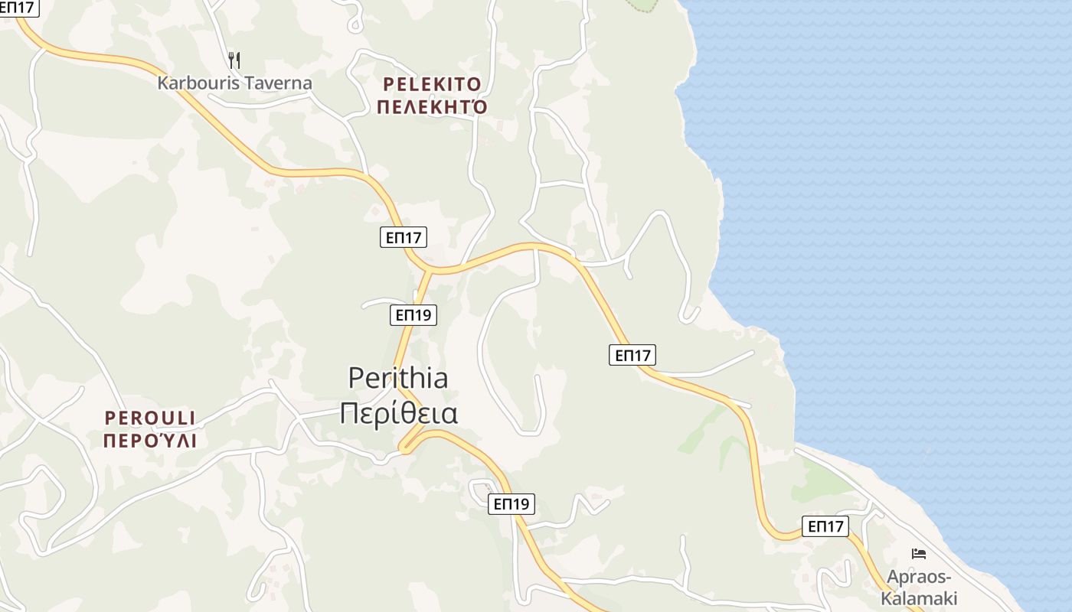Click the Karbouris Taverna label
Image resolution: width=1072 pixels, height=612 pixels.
tap(234, 83)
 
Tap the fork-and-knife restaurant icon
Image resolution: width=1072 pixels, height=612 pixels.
tap(234, 60)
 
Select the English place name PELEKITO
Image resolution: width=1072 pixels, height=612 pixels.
tap(432, 83)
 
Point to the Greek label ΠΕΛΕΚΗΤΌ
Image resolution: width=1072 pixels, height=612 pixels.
tap(432, 106)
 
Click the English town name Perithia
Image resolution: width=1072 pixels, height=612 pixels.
tap(398, 378)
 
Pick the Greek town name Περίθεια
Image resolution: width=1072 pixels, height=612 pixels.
tap(398, 413)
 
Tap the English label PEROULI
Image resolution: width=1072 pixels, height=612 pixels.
tap(150, 418)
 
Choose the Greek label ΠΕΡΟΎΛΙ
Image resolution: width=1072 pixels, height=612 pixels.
tap(150, 441)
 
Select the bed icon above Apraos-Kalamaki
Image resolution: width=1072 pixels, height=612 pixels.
tap(919, 554)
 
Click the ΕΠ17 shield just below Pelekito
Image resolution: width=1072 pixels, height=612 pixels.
tap(403, 237)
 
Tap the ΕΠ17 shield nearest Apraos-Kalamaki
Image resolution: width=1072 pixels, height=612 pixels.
tap(825, 526)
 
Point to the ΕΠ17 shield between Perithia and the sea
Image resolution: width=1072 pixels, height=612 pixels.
tap(632, 354)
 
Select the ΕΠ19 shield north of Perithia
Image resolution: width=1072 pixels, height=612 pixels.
tap(413, 314)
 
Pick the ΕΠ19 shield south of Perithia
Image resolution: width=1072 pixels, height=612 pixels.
tap(511, 503)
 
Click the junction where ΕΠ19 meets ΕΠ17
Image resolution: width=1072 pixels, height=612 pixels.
tap(430, 271)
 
